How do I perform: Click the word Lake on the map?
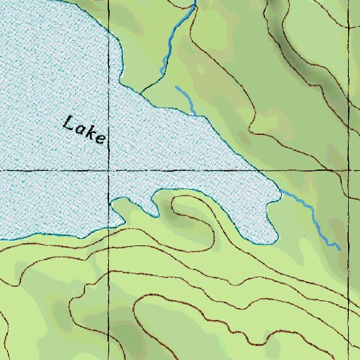(x=84, y=130)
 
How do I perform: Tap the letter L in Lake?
(x=68, y=124)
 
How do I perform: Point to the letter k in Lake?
(x=91, y=132)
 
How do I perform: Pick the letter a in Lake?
(x=80, y=129)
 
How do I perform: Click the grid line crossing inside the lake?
(x=110, y=170)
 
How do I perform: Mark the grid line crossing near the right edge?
(x=348, y=170)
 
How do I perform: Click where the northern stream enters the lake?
(x=141, y=92)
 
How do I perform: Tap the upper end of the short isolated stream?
(x=176, y=87)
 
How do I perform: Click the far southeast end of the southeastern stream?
(x=340, y=249)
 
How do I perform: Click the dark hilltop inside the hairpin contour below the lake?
(x=170, y=206)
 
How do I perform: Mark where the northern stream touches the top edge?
(x=194, y=1)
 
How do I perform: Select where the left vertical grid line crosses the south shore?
(x=110, y=227)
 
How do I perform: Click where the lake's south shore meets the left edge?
(x=1, y=240)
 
